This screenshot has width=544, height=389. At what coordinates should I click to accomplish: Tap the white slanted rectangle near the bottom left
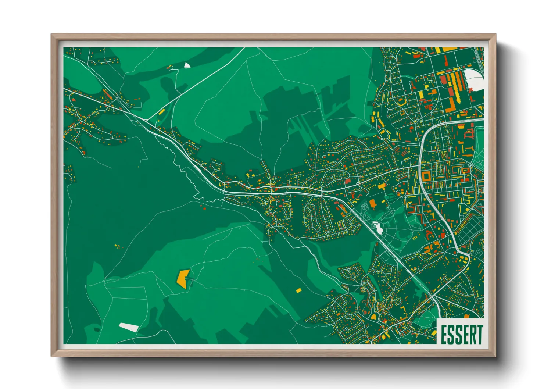[128, 326]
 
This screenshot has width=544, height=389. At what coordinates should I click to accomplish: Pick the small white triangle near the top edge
[187, 65]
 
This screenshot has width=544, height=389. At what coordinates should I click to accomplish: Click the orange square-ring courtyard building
[426, 176]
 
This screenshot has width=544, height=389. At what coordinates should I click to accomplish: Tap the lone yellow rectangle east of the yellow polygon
[298, 290]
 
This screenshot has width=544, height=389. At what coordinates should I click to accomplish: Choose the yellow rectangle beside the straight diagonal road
[161, 111]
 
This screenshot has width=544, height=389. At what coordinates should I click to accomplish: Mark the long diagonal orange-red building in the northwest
[107, 94]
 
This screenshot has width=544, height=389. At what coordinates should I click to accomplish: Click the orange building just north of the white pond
[373, 203]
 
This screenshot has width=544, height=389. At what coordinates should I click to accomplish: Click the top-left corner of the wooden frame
[52, 35]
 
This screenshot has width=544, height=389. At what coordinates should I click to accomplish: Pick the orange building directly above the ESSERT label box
[467, 316]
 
